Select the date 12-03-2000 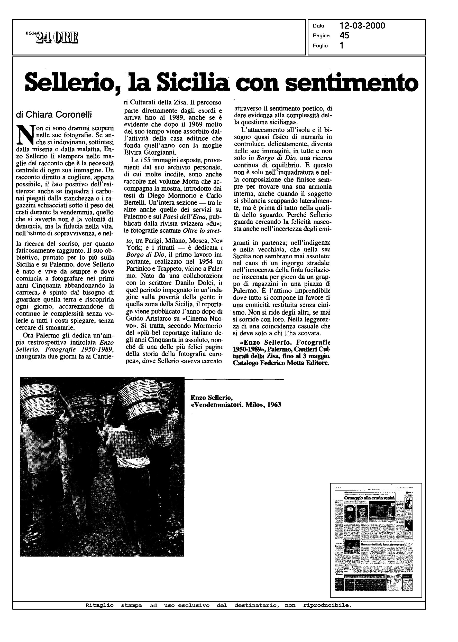(362, 26)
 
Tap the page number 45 (344, 35)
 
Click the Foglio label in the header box (320, 46)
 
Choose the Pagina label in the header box (321, 36)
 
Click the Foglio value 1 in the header (342, 46)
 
